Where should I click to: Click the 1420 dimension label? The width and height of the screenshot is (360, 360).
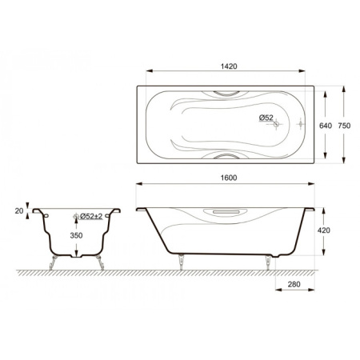[x=229, y=66]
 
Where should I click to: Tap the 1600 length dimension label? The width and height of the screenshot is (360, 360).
[x=229, y=178]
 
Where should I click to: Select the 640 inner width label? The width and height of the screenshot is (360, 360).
[x=326, y=126]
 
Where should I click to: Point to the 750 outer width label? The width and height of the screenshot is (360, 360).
[x=344, y=126]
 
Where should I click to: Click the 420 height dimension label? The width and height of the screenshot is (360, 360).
[x=324, y=230]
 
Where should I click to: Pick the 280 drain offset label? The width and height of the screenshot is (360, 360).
[x=294, y=284]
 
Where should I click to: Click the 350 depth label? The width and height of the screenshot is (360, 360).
[x=76, y=235]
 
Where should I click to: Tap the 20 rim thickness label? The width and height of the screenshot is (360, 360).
[x=19, y=211]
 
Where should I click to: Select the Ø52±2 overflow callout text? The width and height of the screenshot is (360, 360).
[x=91, y=216]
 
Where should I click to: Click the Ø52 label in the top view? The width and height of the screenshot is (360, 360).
[x=266, y=118]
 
